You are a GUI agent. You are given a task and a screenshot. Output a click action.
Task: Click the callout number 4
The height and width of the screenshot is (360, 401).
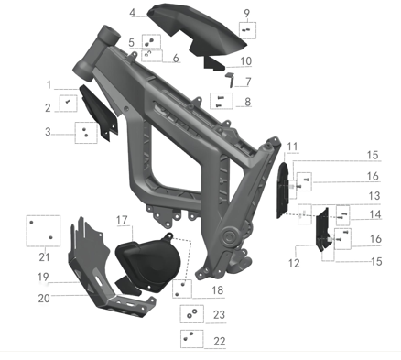(132, 13)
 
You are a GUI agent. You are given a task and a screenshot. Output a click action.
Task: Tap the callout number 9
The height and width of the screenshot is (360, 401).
(246, 14)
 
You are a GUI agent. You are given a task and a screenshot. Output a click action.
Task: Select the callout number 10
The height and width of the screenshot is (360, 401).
(245, 61)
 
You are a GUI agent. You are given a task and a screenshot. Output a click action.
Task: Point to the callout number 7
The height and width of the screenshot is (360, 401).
(248, 82)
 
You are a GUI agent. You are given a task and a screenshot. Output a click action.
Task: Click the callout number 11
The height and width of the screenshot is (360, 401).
(292, 147)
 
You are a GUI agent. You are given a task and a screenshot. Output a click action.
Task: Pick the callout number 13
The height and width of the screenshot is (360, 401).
(374, 196)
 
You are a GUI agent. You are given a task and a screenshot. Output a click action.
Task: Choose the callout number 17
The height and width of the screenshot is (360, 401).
(122, 220)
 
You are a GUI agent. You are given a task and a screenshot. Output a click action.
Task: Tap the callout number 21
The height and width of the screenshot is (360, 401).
(44, 257)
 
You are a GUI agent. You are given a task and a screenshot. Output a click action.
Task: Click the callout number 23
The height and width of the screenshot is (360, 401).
(219, 315)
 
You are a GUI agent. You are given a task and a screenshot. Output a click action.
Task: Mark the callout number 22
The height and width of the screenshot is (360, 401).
(219, 342)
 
